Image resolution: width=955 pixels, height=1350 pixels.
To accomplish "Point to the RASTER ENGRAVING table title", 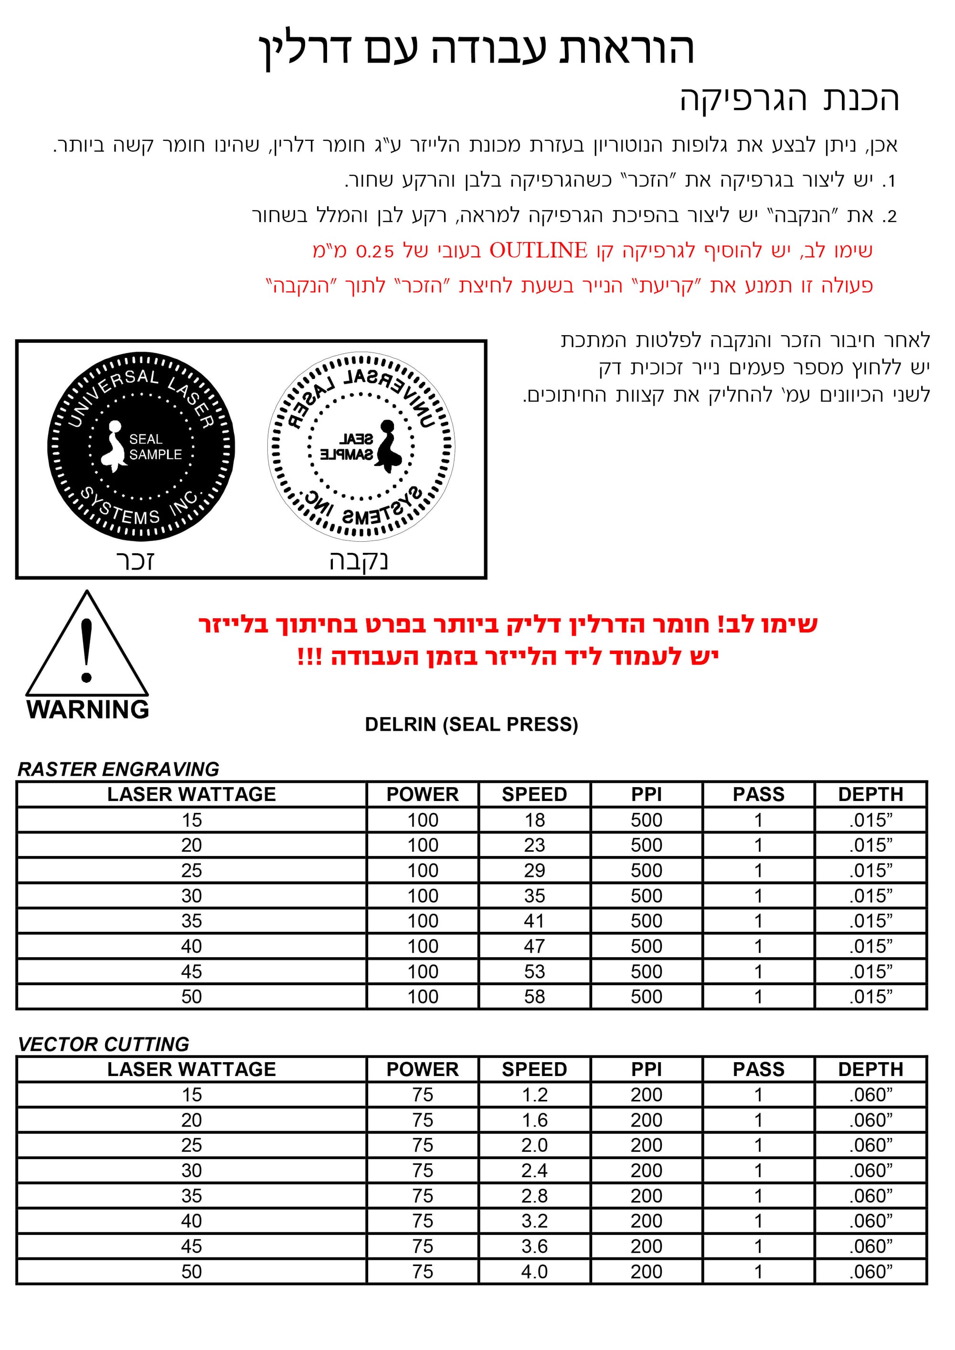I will [x=118, y=769].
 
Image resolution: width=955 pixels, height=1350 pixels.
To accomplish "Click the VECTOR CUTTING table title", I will [x=104, y=1044].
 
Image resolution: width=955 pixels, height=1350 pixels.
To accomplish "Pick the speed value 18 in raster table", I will [x=534, y=820].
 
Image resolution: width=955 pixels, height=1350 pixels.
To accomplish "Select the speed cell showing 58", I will [x=534, y=997].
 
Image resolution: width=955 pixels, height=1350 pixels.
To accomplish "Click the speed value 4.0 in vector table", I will [x=534, y=1271].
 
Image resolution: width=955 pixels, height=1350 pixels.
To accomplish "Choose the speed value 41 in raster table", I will [x=534, y=921].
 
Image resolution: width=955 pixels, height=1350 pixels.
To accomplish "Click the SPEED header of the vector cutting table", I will [x=534, y=1069].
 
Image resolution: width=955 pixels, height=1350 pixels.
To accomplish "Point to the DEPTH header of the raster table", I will [x=870, y=794].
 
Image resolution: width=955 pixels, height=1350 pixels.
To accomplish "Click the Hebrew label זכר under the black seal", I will [x=135, y=561].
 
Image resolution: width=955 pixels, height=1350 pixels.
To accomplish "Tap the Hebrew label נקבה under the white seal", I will [x=358, y=561].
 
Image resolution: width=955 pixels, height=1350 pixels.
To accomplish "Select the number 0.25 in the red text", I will [x=374, y=252].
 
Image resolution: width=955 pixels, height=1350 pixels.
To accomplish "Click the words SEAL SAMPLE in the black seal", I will [x=155, y=447].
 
